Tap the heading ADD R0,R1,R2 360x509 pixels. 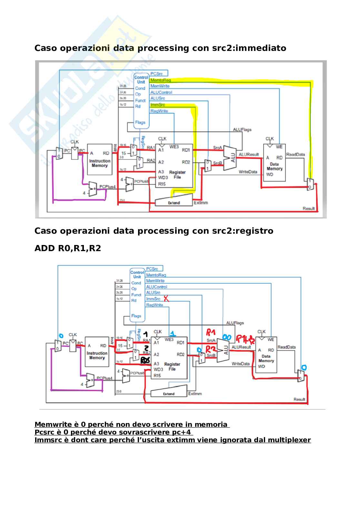point(67,248)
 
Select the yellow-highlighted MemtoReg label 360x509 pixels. point(160,80)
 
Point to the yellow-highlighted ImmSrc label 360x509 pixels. point(157,105)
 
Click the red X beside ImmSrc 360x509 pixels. point(166,299)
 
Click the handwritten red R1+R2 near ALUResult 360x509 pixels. point(245,339)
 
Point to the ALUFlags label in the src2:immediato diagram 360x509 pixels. point(242,130)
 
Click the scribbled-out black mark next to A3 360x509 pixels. point(145,360)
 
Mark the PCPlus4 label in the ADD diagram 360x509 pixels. point(104,378)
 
